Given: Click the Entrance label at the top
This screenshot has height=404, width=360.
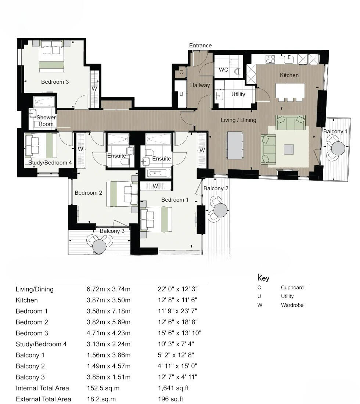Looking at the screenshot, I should click(200, 46).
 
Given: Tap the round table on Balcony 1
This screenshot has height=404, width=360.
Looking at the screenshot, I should click(338, 148).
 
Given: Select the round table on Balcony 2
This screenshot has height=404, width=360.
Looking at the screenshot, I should click(220, 210).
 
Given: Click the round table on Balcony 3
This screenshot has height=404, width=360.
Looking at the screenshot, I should click(99, 247).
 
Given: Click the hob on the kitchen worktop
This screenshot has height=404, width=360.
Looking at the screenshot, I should click(271, 59).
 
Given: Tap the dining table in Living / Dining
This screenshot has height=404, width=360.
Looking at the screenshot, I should click(234, 145).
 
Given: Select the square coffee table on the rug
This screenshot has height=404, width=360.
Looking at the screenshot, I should click(289, 149).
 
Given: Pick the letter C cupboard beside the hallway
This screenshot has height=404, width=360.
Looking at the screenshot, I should click(181, 73).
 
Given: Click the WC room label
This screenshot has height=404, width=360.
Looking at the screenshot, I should click(223, 70).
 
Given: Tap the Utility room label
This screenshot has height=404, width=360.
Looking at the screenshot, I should click(238, 94).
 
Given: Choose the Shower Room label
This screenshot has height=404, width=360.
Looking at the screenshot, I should click(46, 121).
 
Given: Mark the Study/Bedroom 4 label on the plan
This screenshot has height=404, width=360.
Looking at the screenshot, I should click(50, 162).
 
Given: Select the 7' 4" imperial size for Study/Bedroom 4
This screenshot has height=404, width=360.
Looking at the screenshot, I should click(187, 344).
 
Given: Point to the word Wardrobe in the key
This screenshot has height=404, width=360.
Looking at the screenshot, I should click(292, 305).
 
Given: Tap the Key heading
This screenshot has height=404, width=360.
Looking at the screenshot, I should click(263, 278).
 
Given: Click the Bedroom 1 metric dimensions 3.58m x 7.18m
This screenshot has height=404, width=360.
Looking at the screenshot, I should click(108, 311).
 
